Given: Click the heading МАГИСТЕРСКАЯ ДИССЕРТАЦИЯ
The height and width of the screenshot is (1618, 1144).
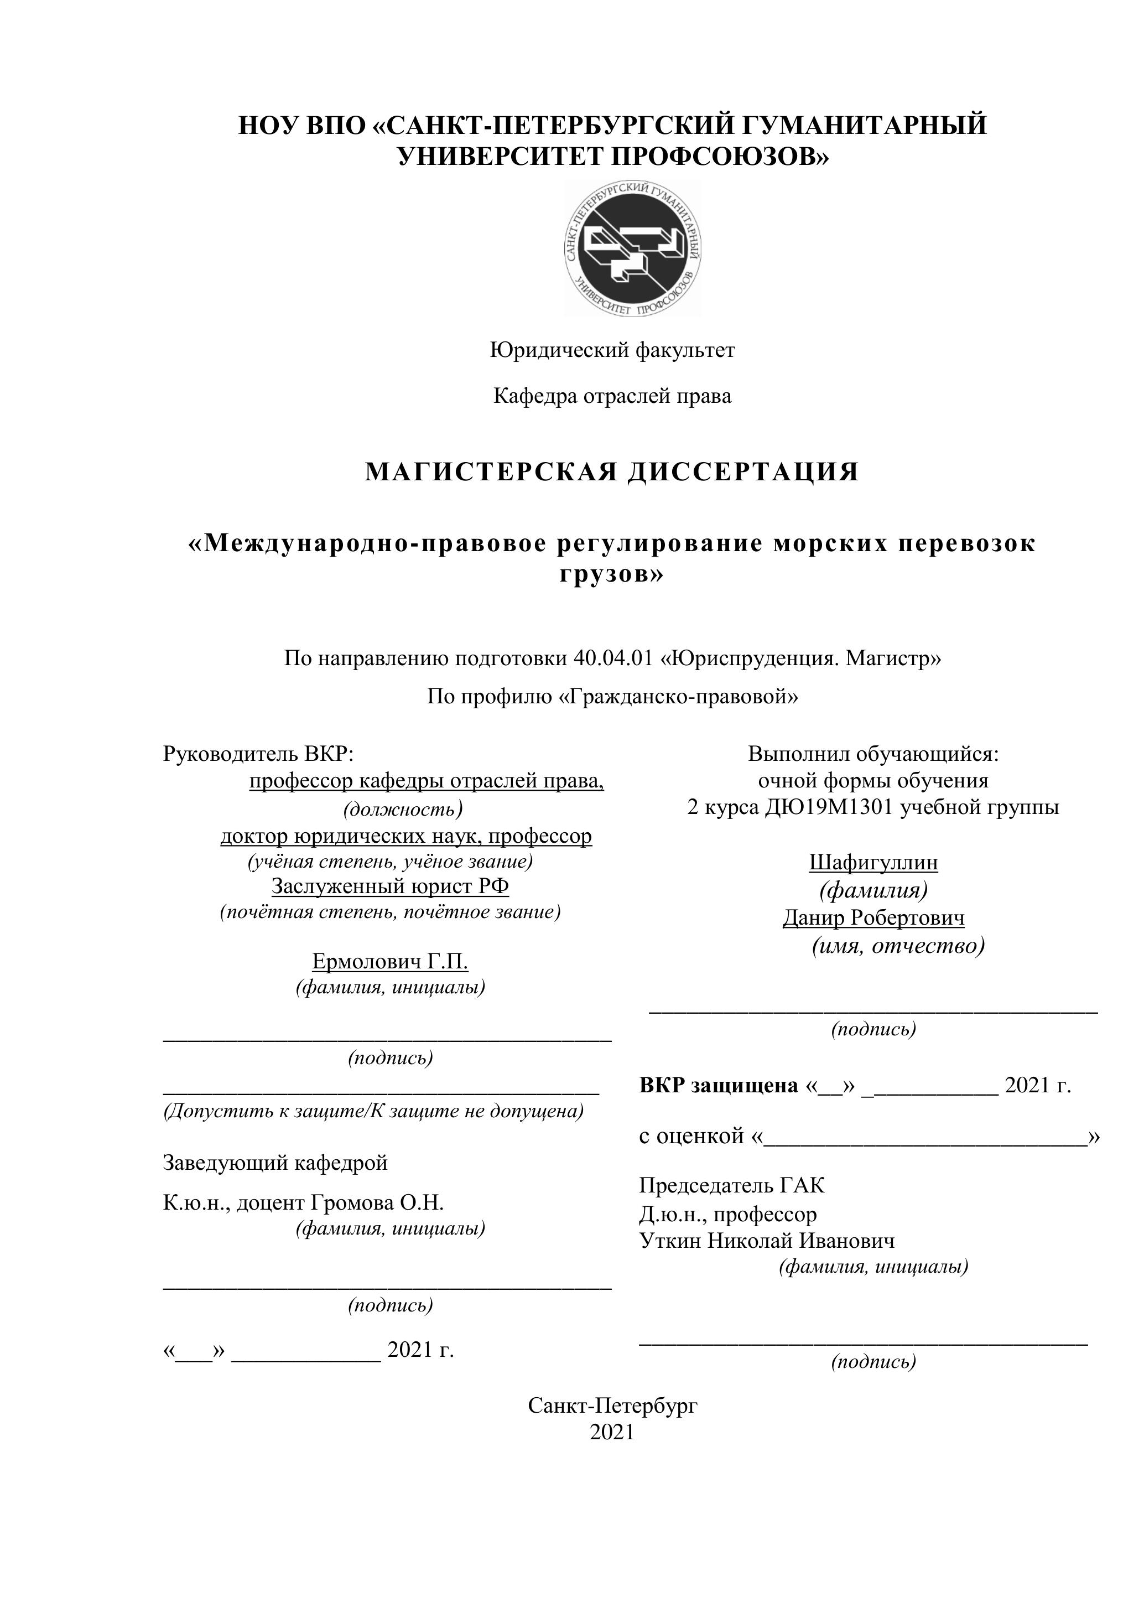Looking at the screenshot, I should coord(611,471).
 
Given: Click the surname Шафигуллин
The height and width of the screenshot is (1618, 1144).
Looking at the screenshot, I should coord(873,863).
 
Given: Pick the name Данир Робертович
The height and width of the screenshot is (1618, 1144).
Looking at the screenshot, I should coord(873,918).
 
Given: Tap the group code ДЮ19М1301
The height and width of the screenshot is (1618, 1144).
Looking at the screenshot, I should coord(826,807).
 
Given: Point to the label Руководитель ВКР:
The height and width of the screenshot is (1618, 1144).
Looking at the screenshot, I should coord(258,754).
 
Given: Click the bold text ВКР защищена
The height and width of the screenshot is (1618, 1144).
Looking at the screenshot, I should coord(719,1086).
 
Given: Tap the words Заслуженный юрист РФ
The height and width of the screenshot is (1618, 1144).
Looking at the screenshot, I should coord(390,886).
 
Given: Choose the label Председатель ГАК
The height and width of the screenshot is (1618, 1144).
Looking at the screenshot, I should coord(731,1186).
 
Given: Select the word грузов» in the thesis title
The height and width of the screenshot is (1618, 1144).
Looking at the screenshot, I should coord(611,575).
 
